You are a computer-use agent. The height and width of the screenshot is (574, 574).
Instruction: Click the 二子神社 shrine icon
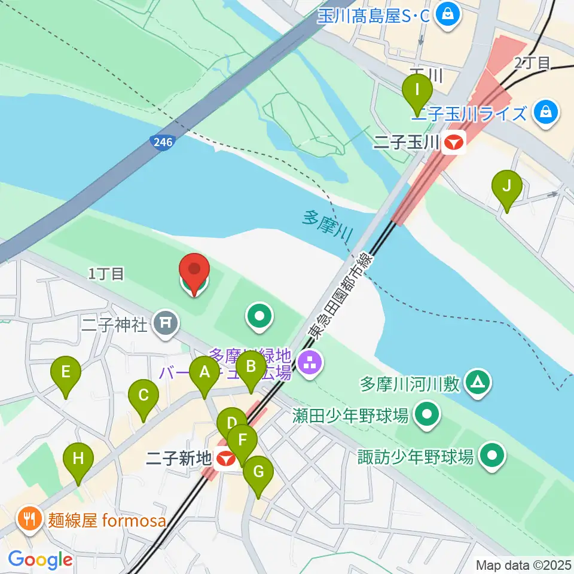click(166, 323)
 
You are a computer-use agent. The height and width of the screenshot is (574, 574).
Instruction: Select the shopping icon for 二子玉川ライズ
click(545, 112)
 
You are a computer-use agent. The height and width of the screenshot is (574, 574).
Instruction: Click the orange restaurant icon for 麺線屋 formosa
click(29, 519)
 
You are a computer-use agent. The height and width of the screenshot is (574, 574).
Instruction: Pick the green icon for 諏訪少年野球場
click(492, 456)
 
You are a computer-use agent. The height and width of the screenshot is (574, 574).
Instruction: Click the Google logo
click(40, 560)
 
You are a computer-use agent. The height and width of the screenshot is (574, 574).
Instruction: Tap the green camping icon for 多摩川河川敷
click(478, 383)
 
